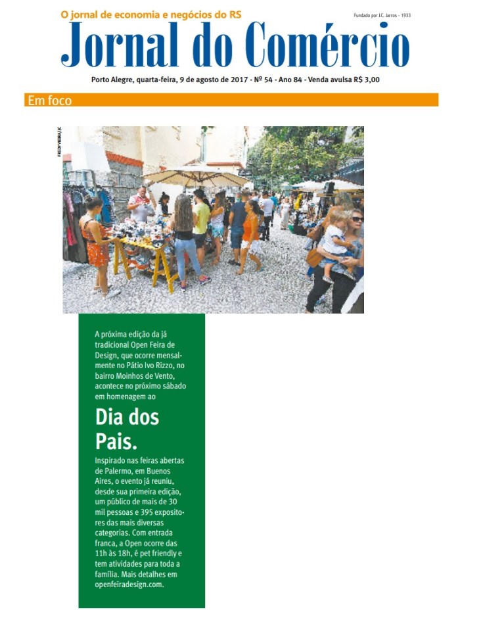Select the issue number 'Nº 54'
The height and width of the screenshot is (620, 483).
click(262, 80)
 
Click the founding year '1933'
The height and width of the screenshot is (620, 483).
click(405, 14)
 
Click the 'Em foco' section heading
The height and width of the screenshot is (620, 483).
click(49, 101)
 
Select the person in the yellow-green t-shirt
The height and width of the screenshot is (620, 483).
click(201, 217)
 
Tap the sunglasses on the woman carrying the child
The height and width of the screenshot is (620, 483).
click(357, 219)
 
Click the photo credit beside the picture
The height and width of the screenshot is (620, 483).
click(59, 141)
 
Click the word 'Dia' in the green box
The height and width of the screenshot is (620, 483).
click(109, 417)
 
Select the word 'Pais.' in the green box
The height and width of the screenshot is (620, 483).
click(116, 442)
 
